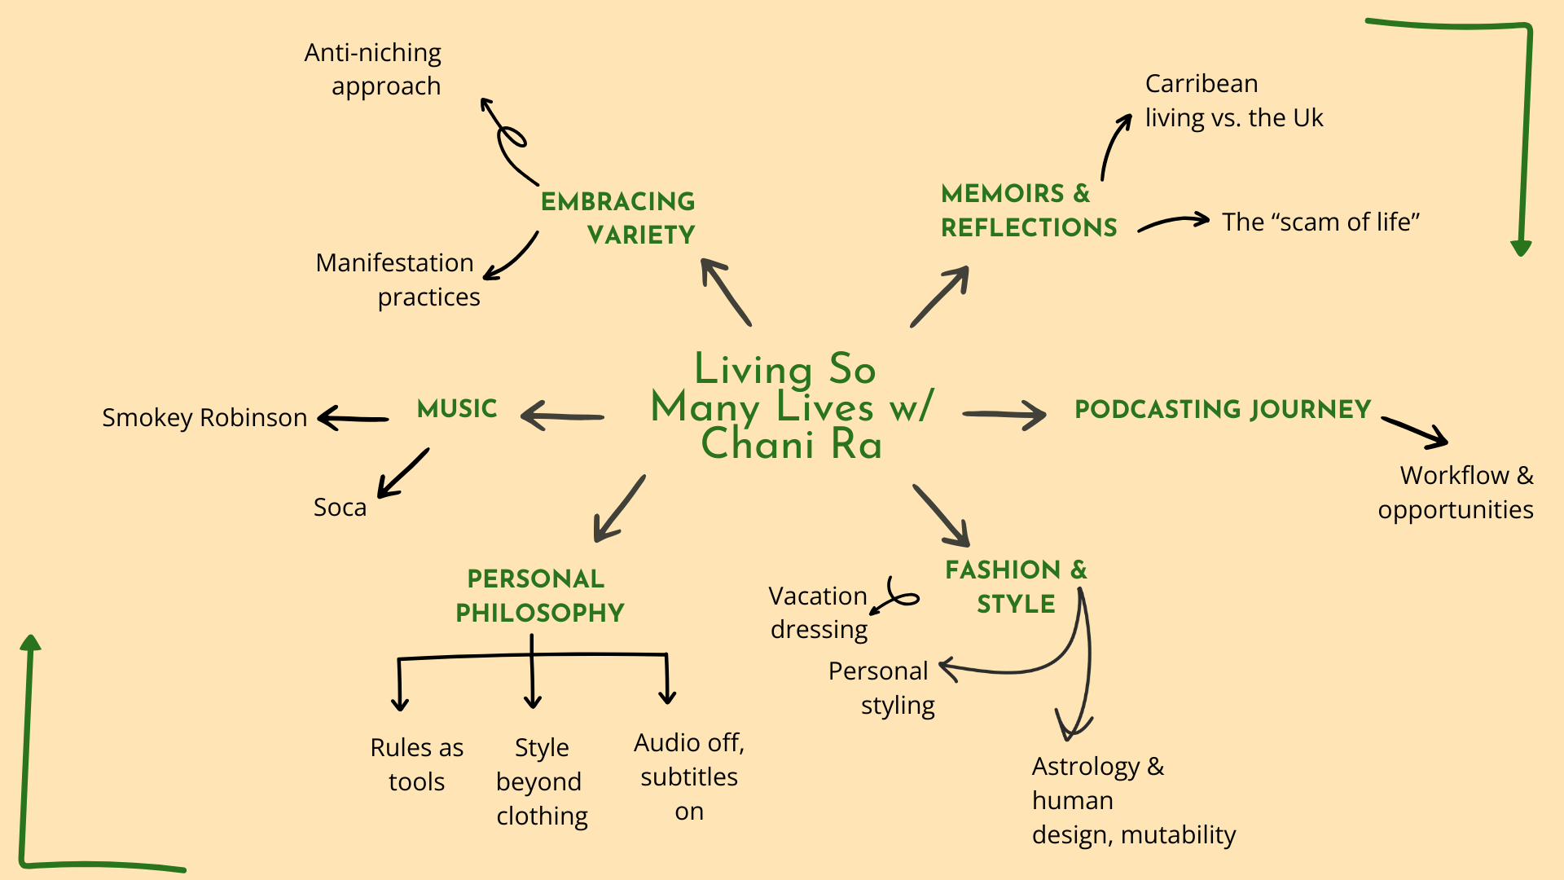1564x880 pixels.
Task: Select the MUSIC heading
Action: (x=457, y=408)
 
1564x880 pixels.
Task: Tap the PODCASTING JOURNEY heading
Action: (x=1223, y=409)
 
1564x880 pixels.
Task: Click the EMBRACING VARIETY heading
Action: (x=619, y=218)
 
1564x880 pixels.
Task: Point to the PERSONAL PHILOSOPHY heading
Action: (x=539, y=596)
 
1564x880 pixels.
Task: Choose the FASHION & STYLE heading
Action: (x=1016, y=587)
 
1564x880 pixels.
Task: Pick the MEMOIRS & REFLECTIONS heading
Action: (x=1028, y=210)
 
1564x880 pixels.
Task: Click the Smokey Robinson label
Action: (x=204, y=417)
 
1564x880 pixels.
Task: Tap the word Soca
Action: (x=340, y=507)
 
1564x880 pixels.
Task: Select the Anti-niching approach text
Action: (x=373, y=69)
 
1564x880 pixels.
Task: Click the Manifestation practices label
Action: (x=398, y=279)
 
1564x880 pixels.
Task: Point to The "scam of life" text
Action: (x=1320, y=222)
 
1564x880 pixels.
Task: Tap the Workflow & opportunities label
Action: (x=1456, y=492)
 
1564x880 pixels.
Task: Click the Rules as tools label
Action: (x=416, y=764)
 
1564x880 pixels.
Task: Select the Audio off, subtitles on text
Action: (x=689, y=777)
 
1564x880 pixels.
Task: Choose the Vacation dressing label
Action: (x=818, y=613)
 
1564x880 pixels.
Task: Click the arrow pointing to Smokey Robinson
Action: (x=353, y=419)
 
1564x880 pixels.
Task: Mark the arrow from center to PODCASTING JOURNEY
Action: (x=1004, y=415)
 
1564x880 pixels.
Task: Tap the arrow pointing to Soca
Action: (x=402, y=473)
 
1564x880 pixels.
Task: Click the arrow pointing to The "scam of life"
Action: (x=1174, y=222)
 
